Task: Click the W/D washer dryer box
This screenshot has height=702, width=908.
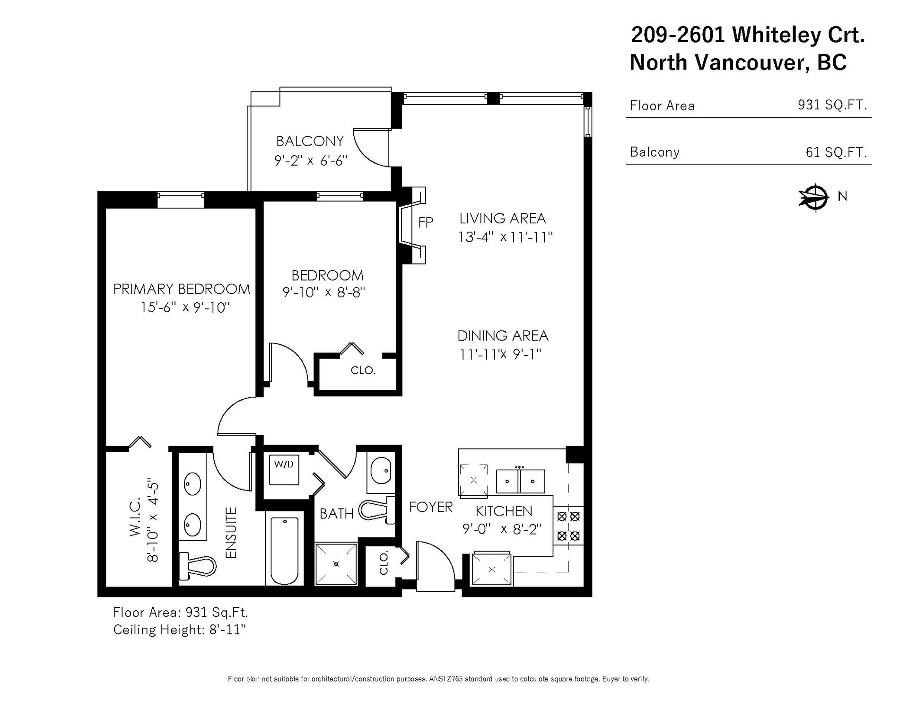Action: coord(284,470)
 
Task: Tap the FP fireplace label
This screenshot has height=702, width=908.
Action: coord(426,222)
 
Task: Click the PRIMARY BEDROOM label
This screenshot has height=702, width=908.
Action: coord(182,289)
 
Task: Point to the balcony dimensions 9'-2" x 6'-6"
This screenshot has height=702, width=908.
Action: coord(311,160)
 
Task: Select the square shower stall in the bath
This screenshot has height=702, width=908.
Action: coord(336,563)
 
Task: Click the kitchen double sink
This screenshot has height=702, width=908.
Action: coord(520,481)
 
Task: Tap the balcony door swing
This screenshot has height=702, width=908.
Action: coord(372,147)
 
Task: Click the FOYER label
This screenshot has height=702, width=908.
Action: coord(431,507)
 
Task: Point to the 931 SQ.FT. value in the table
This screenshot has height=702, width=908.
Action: coord(832,105)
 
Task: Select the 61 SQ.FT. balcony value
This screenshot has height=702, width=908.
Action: coord(836,152)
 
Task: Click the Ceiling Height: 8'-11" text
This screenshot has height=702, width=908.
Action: coord(180,630)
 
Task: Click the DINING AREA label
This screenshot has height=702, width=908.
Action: coord(503,336)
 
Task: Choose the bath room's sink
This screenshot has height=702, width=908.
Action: coord(380,471)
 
